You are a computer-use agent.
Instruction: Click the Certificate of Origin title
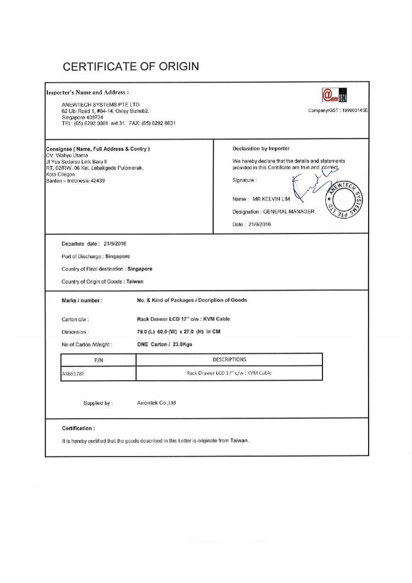(131, 67)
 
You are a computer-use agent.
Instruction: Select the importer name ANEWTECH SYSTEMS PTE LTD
(101, 104)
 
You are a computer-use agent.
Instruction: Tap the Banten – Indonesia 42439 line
(76, 180)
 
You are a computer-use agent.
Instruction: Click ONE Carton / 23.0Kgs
(165, 345)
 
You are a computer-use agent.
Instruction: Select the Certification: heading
(78, 428)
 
